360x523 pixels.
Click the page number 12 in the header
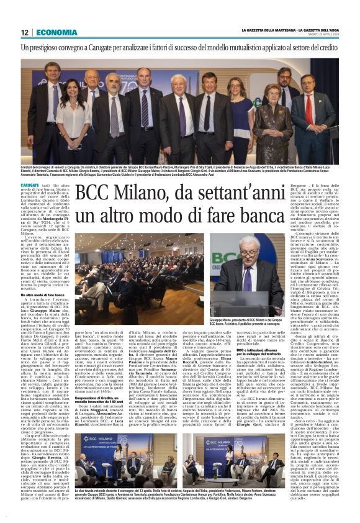[x=24, y=32]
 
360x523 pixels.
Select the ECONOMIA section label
[x=56, y=32]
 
